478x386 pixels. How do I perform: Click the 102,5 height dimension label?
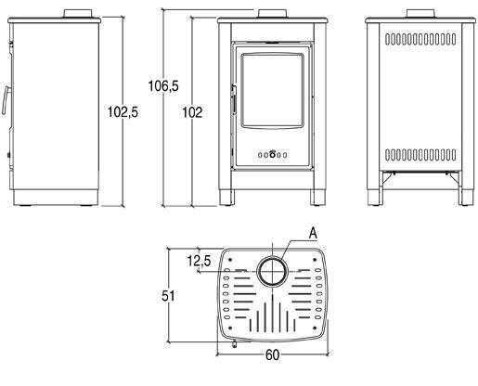click(123, 112)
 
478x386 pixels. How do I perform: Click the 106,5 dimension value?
click(163, 85)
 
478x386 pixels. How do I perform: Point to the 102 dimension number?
click(192, 112)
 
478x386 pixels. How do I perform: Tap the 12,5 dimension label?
click(199, 261)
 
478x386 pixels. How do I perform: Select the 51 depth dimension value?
click(168, 296)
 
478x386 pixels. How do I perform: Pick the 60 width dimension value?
click(272, 355)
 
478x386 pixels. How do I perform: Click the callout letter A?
click(313, 233)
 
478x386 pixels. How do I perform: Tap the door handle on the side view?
click(6, 100)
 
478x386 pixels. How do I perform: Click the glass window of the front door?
click(272, 90)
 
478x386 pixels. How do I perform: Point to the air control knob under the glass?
click(272, 154)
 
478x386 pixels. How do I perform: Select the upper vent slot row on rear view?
click(420, 39)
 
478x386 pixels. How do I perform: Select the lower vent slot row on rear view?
click(420, 155)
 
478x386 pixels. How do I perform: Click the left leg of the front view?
click(227, 198)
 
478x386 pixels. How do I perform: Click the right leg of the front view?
click(318, 198)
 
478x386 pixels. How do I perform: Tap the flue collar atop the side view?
click(78, 14)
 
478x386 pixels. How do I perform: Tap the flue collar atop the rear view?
click(420, 14)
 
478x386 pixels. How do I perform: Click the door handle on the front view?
click(234, 99)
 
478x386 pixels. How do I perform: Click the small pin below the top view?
click(234, 343)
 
